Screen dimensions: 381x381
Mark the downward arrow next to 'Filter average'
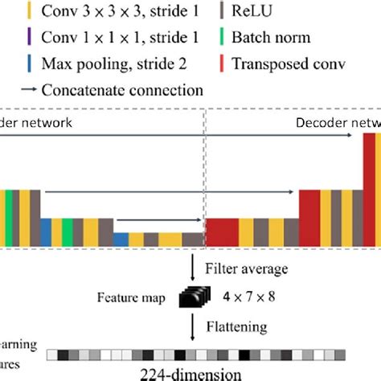(x=193, y=268)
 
